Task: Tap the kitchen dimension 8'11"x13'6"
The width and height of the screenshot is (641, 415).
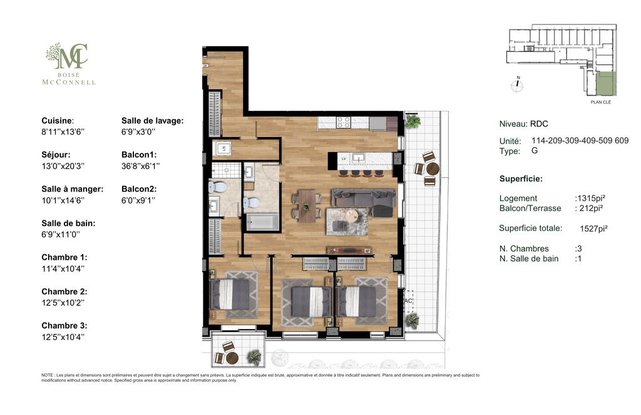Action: pyautogui.click(x=63, y=131)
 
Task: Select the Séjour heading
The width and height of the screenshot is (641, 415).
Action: pyautogui.click(x=56, y=155)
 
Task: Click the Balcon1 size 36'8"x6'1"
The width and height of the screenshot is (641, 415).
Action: pyautogui.click(x=140, y=166)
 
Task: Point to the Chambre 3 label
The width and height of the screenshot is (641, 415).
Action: pyautogui.click(x=64, y=325)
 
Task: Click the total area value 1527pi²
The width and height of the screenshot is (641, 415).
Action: pyautogui.click(x=593, y=228)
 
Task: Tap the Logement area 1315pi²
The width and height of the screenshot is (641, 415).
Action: pyautogui.click(x=591, y=198)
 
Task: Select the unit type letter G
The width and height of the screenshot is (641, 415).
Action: pyautogui.click(x=535, y=150)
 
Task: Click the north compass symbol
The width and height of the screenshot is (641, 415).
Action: pyautogui.click(x=517, y=85)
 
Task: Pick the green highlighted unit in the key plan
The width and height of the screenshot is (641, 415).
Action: pyautogui.click(x=605, y=84)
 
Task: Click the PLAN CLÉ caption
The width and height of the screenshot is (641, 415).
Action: pyautogui.click(x=600, y=102)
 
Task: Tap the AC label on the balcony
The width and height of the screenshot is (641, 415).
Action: pyautogui.click(x=408, y=301)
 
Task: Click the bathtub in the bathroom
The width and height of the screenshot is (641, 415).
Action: pyautogui.click(x=262, y=223)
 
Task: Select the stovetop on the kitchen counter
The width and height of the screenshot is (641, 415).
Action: pyautogui.click(x=344, y=122)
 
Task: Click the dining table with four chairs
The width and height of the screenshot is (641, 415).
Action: pyautogui.click(x=307, y=206)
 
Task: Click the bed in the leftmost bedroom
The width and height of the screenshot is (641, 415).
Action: pyautogui.click(x=230, y=294)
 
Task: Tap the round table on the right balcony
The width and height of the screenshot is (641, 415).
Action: pyautogui.click(x=433, y=169)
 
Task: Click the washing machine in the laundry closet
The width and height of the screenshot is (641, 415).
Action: pyautogui.click(x=223, y=148)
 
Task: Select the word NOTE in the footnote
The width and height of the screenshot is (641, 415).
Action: pyautogui.click(x=46, y=375)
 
